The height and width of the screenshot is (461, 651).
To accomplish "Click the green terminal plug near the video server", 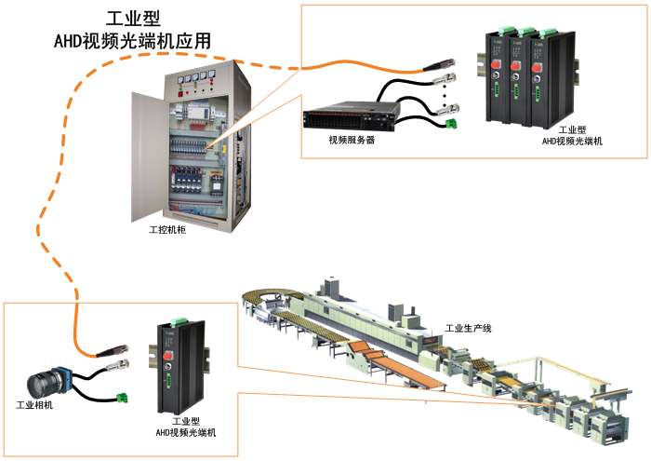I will pyautogui.click(x=454, y=122).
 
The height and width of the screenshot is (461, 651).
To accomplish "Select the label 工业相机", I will pyautogui.click(x=34, y=406).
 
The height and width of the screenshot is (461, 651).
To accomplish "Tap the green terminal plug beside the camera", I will pyautogui.click(x=123, y=399).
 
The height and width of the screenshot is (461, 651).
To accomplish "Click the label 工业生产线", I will pyautogui.click(x=468, y=328).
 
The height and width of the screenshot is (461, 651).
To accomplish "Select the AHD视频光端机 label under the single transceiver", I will pyautogui.click(x=185, y=433).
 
